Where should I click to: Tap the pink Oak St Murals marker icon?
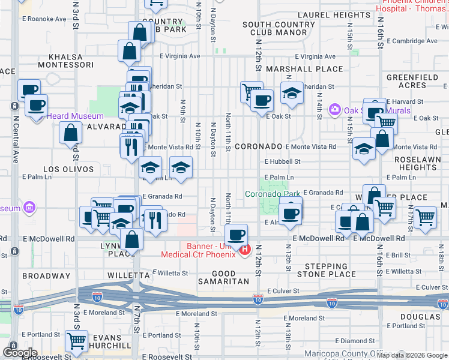tap(334, 110)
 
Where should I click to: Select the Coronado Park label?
tap(273, 194)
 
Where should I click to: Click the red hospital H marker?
tap(244, 250)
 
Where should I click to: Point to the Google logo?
tap(20, 352)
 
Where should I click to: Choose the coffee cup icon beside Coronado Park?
tap(291, 212)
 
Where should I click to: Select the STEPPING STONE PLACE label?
tap(330, 270)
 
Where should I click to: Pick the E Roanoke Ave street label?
tap(44, 19)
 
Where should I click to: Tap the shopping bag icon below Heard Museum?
tap(71, 131)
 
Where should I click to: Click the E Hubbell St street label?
tap(282, 161)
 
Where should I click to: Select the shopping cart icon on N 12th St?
tap(252, 91)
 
